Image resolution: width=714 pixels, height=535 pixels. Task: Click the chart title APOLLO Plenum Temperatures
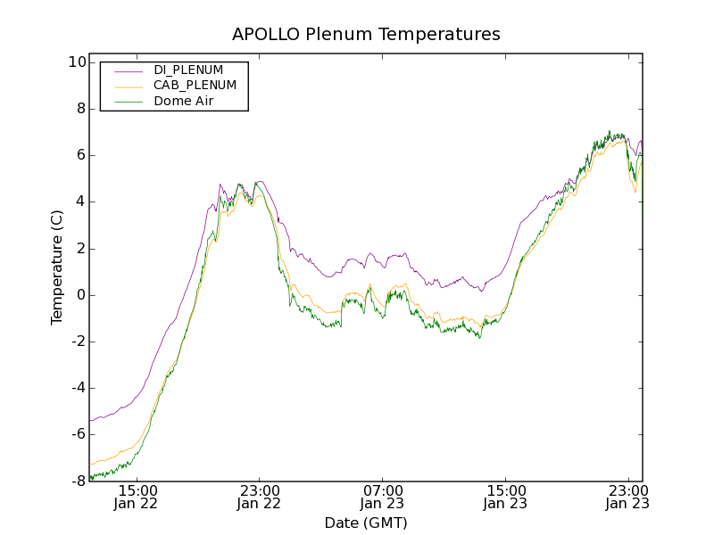366,35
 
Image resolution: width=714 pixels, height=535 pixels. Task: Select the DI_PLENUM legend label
188,70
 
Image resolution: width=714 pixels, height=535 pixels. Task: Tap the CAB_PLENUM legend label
195,86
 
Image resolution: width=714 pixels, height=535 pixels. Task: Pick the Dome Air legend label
184,101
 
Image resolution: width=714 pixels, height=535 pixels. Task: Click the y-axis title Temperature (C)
57,267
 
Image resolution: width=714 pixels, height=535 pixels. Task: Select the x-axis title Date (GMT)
366,523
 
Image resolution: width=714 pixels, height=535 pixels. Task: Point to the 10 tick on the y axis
76,62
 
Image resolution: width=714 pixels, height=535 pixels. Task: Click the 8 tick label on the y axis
79,109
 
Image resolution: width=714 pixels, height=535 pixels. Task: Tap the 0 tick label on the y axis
79,295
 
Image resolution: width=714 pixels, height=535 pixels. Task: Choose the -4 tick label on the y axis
77,388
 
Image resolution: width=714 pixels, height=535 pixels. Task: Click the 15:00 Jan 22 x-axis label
137,497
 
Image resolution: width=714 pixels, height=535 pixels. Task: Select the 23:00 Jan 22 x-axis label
260,497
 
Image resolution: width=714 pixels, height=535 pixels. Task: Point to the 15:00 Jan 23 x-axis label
505,497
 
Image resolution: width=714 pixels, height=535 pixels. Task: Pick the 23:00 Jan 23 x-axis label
627,497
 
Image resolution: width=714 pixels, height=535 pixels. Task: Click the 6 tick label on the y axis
79,155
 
